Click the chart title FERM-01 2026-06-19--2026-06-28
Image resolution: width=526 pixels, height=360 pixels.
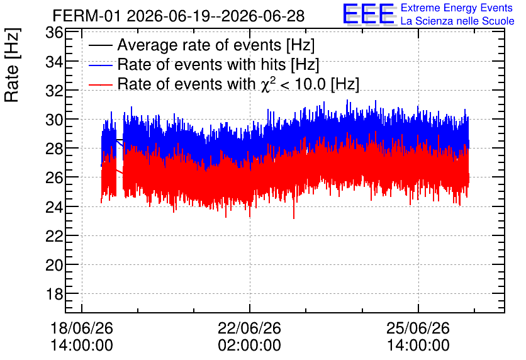(x=179, y=16)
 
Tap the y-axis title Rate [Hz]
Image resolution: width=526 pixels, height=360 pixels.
(x=12, y=65)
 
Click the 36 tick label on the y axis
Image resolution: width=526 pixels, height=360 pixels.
(x=54, y=33)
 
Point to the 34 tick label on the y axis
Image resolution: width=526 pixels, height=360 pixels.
(x=54, y=62)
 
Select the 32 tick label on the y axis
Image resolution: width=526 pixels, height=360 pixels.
(x=54, y=91)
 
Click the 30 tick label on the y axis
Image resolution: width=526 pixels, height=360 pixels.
(x=54, y=120)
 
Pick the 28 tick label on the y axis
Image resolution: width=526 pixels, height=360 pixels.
(x=54, y=149)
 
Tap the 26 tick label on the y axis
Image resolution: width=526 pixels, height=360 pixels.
(x=54, y=177)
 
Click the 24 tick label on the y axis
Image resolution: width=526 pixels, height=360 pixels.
(x=54, y=207)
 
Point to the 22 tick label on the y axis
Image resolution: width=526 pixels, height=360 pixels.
(x=54, y=236)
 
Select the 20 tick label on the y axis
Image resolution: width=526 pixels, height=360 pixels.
(x=54, y=265)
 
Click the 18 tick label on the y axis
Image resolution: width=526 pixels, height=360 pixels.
(x=54, y=295)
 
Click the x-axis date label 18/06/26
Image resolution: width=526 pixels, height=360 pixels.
(x=82, y=328)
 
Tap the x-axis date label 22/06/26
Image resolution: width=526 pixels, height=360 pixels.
(x=249, y=328)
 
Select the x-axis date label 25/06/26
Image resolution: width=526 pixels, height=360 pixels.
(x=418, y=328)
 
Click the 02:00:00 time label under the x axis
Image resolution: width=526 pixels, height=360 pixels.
(x=249, y=346)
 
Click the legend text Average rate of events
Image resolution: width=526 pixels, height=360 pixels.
(x=200, y=45)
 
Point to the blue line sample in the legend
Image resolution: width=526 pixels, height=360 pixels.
(x=100, y=65)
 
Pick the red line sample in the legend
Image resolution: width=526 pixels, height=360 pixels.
(x=100, y=85)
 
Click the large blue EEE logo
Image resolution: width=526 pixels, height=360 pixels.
(x=369, y=14)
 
